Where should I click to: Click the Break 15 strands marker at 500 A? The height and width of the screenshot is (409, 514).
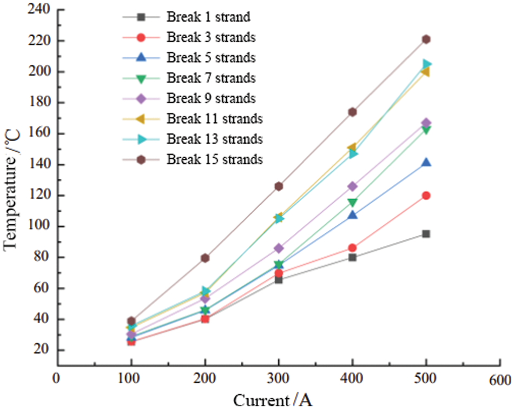(x=426, y=39)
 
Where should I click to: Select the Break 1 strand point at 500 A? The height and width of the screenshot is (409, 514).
(x=426, y=234)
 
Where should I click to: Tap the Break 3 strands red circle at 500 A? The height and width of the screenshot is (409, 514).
(x=426, y=196)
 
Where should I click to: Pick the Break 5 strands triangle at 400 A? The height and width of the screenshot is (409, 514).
(x=352, y=215)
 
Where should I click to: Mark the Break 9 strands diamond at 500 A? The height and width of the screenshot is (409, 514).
(x=426, y=123)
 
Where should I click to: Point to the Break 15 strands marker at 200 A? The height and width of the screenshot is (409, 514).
(x=205, y=258)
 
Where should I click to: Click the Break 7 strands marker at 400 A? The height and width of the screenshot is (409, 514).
(x=352, y=203)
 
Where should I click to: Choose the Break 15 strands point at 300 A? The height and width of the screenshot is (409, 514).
(x=279, y=186)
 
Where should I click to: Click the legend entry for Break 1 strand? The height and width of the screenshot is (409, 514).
(x=208, y=17)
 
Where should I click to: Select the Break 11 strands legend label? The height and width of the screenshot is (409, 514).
(x=215, y=118)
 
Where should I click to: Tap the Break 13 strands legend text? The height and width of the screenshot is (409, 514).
(x=215, y=139)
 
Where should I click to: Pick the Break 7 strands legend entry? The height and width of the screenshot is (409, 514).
(x=211, y=78)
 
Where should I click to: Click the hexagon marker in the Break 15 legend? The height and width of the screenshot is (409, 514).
(x=141, y=159)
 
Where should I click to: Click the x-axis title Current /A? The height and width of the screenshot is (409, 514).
(x=273, y=400)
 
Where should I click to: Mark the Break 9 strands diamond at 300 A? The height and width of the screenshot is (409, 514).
(x=279, y=248)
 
